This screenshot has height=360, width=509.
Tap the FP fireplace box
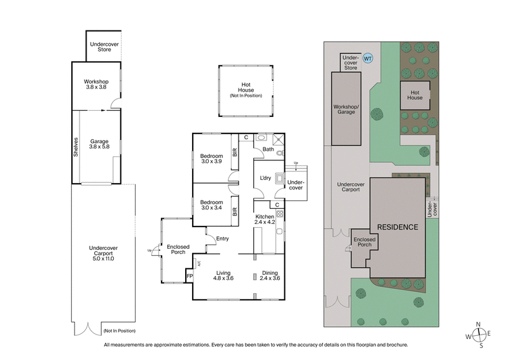tap(188, 276)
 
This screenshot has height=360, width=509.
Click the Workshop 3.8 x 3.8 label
tap(97, 85)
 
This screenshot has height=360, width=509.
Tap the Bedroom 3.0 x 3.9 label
tap(211, 159)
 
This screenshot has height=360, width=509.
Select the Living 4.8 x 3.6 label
tap(223, 275)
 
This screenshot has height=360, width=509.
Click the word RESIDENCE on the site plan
tap(397, 227)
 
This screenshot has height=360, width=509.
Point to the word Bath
tap(268, 150)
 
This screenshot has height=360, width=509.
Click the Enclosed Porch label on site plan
tap(365, 242)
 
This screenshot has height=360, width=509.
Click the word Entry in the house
tap(222, 239)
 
